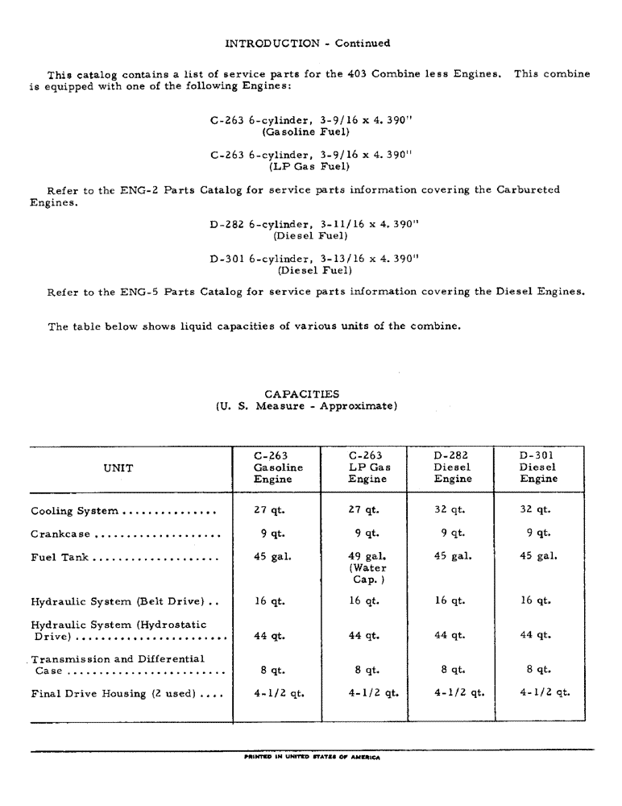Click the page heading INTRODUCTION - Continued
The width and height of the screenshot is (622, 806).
pos(307,44)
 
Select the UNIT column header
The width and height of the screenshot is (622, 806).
pos(118,467)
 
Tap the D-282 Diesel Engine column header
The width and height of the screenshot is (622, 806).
pos(452,467)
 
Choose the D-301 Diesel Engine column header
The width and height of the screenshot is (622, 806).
pos(538,467)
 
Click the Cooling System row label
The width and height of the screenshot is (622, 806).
pos(75,511)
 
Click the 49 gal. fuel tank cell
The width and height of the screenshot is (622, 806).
pos(367,556)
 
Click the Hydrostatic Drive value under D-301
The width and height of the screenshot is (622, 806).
pos(537,635)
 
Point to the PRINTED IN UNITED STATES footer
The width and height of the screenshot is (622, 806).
pos(310,758)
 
